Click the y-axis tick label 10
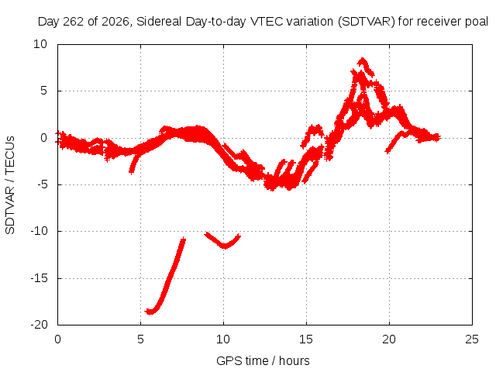40,44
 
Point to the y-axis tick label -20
39,325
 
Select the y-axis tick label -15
39,278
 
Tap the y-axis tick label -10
39,231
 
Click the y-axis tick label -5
42,184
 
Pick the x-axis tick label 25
472,339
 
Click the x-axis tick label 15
306,339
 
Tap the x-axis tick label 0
57,339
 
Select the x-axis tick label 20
389,339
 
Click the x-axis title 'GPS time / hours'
263,360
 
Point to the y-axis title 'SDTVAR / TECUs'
10,185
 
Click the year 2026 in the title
115,22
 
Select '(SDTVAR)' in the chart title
367,22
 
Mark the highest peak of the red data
362,59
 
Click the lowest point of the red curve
150,312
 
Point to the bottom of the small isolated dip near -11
225,246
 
